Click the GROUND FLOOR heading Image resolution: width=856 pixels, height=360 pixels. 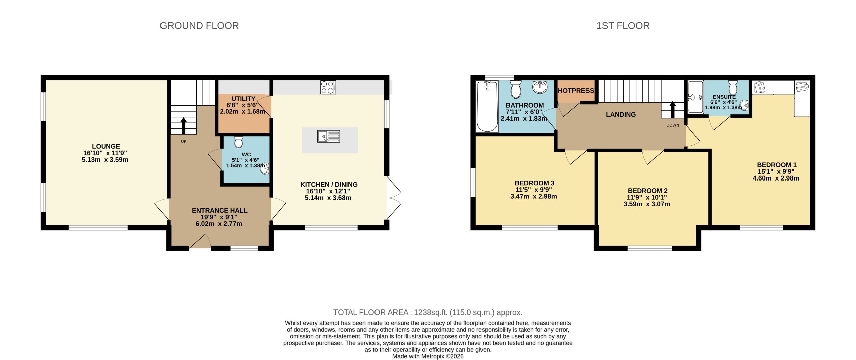[199, 26]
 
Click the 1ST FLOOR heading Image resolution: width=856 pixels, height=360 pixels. [623, 26]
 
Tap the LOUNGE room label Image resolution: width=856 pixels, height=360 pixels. [106, 146]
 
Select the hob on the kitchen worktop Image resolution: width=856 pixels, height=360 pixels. [328, 87]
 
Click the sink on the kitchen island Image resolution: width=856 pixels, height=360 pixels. [328, 136]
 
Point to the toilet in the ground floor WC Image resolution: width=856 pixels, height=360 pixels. [238, 142]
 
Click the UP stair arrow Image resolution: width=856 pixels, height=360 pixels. [183, 125]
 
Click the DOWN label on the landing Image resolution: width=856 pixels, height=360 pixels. [672, 125]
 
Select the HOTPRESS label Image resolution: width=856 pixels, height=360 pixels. [575, 91]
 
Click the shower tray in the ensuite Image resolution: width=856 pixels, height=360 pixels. [695, 97]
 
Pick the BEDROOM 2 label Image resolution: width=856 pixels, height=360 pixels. [647, 191]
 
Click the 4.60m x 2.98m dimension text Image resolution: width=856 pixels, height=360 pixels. [776, 178]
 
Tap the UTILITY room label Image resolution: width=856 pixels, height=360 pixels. [243, 99]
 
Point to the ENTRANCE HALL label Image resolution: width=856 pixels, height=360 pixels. [219, 210]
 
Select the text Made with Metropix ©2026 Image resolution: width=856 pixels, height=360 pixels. [428, 356]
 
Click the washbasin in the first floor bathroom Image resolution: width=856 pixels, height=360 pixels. [540, 87]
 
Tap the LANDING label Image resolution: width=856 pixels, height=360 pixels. [621, 114]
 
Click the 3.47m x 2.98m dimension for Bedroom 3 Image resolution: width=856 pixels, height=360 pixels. [533, 196]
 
